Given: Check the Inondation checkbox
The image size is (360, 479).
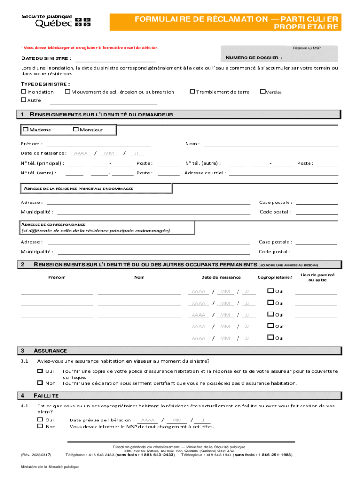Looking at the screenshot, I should (23, 92).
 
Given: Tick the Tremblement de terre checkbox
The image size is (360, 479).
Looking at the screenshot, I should (192, 92).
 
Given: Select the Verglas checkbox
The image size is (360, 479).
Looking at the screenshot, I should (262, 92).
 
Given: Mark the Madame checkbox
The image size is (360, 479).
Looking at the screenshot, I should (26, 130).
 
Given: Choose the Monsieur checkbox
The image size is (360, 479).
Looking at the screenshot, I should (76, 130).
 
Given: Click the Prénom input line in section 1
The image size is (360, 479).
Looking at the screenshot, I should (98, 144).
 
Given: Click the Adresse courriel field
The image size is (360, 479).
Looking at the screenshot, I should (283, 173).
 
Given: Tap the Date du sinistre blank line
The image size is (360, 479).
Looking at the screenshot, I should (115, 59).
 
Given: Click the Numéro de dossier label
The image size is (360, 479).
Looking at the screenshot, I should (253, 58).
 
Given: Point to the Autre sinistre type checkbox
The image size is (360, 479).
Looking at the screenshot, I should (23, 100).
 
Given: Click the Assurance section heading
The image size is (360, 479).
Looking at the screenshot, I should (50, 351).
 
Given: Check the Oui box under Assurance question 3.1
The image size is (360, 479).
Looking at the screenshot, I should (40, 371).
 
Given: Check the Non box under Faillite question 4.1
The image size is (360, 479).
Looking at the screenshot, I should (40, 426).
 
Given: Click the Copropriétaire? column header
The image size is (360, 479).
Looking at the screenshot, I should (274, 277).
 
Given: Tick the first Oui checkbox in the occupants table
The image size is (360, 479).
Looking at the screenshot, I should (270, 291).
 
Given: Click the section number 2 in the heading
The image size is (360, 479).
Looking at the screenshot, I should (22, 265).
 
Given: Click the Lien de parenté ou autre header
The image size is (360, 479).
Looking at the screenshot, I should (317, 277).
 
